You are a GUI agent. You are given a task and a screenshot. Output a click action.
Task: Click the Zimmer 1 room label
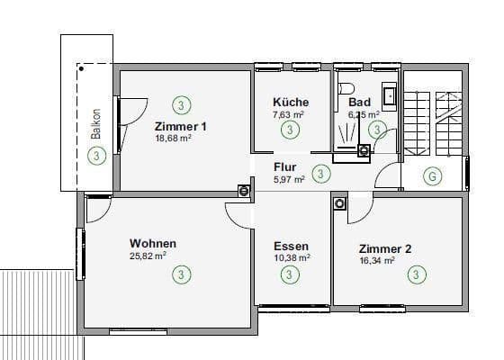(x=181, y=127)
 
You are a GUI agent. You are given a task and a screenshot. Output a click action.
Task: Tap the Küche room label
(x=291, y=103)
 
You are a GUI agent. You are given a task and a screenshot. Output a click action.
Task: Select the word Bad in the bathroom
(x=359, y=103)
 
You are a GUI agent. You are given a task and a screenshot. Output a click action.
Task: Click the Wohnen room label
(x=152, y=243)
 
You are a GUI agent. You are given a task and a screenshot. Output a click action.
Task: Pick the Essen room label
(x=292, y=246)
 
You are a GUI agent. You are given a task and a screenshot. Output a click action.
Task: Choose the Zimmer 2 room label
(x=385, y=248)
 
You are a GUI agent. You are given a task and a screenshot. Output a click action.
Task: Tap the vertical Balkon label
(x=94, y=131)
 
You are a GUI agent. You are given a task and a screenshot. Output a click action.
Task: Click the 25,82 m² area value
(x=148, y=256)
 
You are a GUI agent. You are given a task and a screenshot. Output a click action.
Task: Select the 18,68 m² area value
(x=173, y=139)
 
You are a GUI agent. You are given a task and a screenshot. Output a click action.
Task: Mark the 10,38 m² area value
(x=292, y=257)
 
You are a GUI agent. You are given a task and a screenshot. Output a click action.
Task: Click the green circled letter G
(x=433, y=176)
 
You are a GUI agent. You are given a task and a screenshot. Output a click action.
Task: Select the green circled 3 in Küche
(x=289, y=130)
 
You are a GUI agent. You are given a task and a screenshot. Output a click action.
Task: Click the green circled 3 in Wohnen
(x=181, y=274)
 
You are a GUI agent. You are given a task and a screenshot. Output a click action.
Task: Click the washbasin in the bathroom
(x=389, y=94)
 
